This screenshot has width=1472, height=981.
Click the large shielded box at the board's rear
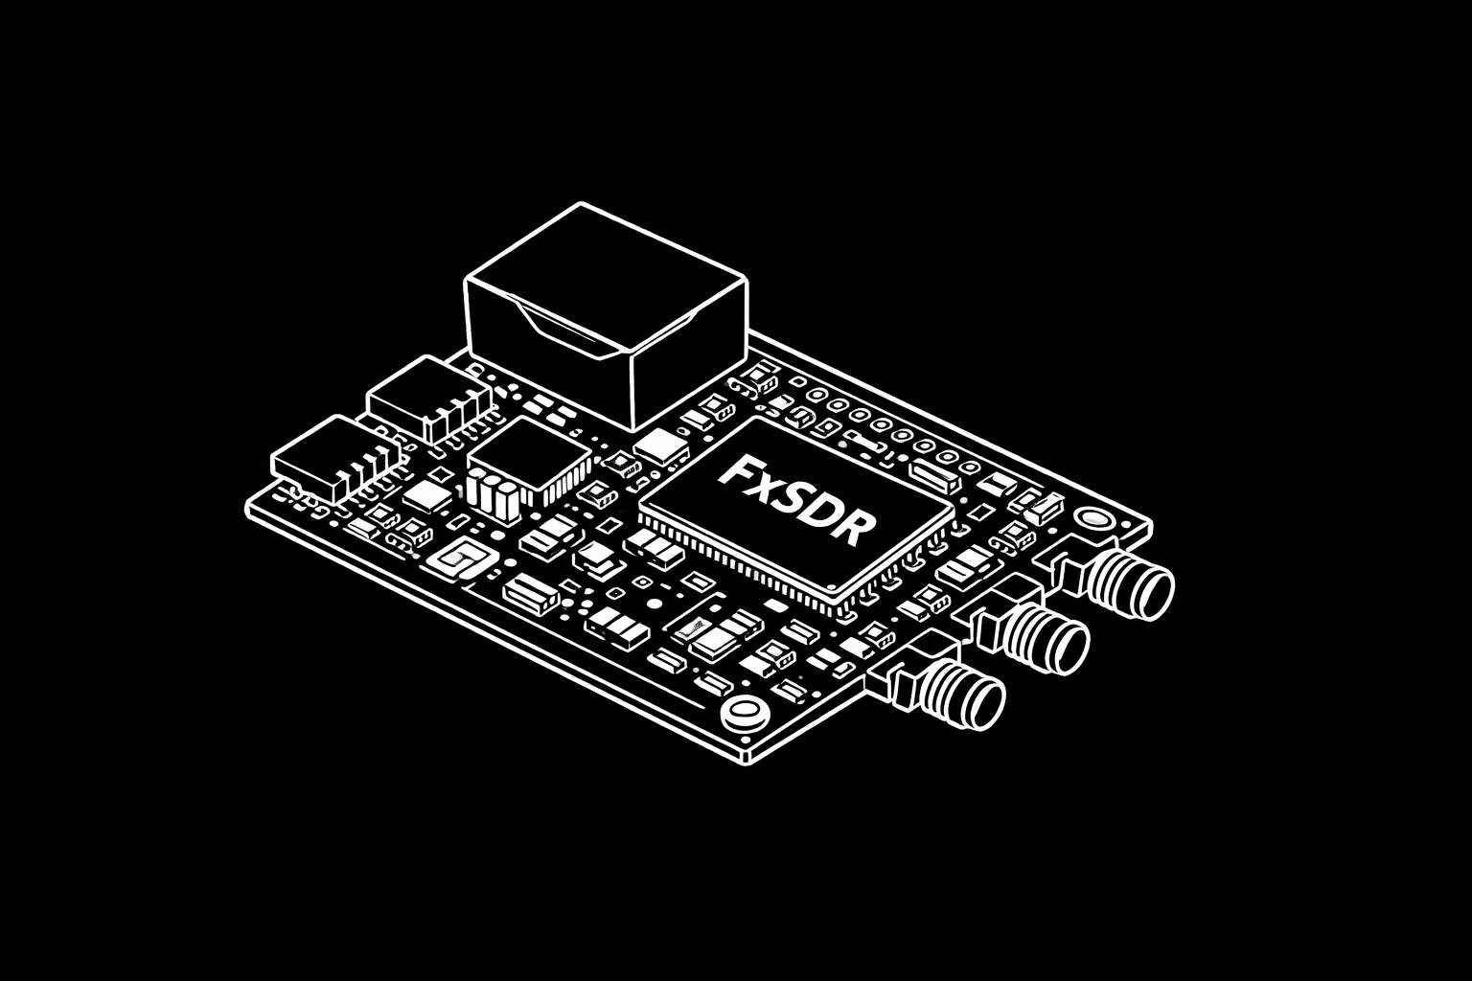point(604,311)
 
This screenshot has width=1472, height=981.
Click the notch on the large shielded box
point(565,326)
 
